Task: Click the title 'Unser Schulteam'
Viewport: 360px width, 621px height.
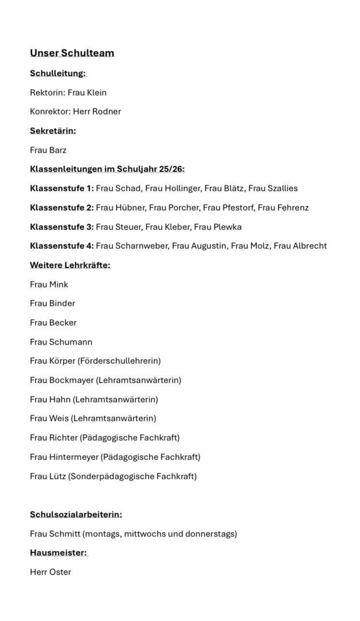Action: click(72, 53)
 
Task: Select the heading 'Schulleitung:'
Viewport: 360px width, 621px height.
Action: click(58, 73)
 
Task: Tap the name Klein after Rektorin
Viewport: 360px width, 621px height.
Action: click(97, 92)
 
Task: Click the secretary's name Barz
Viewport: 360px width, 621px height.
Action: click(58, 150)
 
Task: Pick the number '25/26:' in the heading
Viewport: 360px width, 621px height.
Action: click(172, 169)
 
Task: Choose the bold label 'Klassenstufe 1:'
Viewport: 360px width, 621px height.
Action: click(62, 188)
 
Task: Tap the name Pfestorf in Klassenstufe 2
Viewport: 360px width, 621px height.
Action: click(237, 207)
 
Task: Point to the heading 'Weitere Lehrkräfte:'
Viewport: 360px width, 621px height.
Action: click(70, 265)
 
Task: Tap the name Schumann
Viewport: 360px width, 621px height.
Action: click(71, 342)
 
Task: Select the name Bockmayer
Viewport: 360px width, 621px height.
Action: click(72, 380)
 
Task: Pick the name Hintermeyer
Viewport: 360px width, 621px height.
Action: click(73, 457)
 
